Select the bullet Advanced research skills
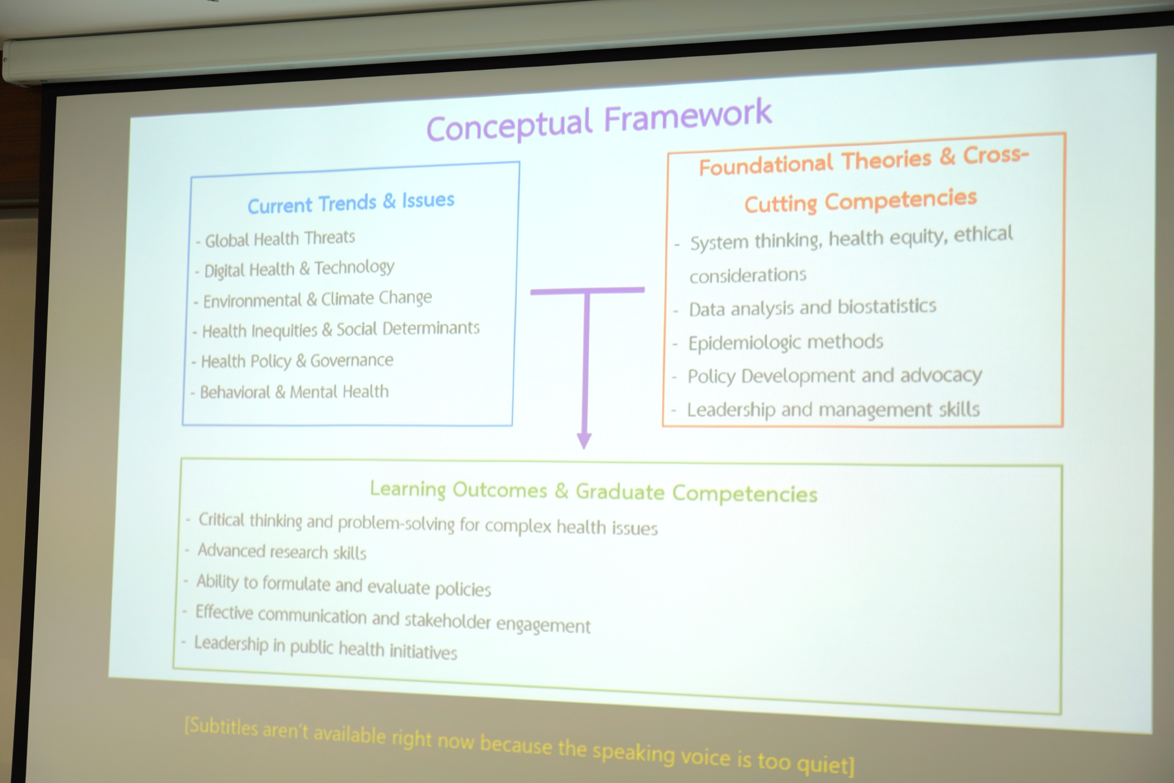(282, 551)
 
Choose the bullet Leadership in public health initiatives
(325, 648)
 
